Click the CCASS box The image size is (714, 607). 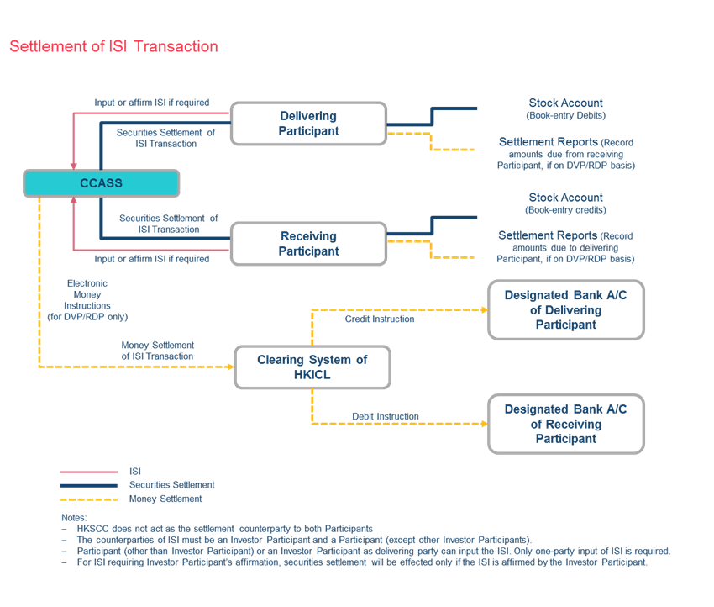(101, 183)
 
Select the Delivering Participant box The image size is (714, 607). (308, 124)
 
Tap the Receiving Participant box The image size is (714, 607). (308, 244)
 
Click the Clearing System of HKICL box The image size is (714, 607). (312, 367)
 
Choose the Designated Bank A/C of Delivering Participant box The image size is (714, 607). (565, 310)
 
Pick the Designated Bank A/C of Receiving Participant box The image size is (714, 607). (565, 424)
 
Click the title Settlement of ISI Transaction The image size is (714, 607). (113, 47)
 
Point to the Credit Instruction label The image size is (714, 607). (379, 319)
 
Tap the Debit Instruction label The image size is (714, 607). (386, 416)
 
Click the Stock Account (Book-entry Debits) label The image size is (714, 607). (565, 108)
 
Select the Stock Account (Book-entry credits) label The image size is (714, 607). (565, 203)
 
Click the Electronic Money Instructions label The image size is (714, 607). (87, 300)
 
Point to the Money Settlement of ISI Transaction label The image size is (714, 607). (158, 351)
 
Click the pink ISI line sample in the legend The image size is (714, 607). (88, 472)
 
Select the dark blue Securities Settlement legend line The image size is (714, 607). (88, 485)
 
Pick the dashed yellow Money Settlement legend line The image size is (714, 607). (88, 499)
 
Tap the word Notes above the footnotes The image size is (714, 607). (74, 517)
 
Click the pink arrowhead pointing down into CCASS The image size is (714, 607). (74, 165)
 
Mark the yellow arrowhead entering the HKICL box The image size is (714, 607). (228, 367)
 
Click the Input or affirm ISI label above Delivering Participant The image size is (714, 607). (151, 103)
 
